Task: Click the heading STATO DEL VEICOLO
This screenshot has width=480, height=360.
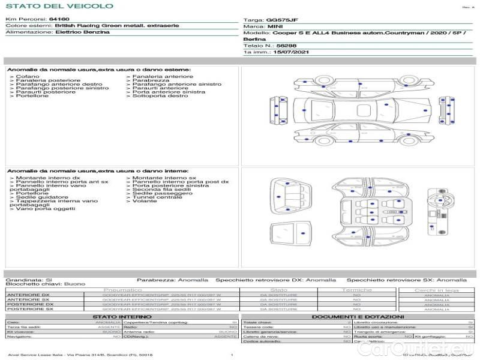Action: point(59,6)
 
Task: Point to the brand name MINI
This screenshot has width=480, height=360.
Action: point(275,27)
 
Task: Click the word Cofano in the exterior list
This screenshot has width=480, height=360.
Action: point(28,77)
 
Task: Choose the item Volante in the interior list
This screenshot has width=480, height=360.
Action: point(144,202)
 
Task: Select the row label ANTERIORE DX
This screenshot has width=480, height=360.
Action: point(28,295)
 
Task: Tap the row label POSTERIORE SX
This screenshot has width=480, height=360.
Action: point(29,310)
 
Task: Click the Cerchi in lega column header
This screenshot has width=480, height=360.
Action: point(436,290)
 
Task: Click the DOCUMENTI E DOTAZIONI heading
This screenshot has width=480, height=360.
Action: point(358,317)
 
